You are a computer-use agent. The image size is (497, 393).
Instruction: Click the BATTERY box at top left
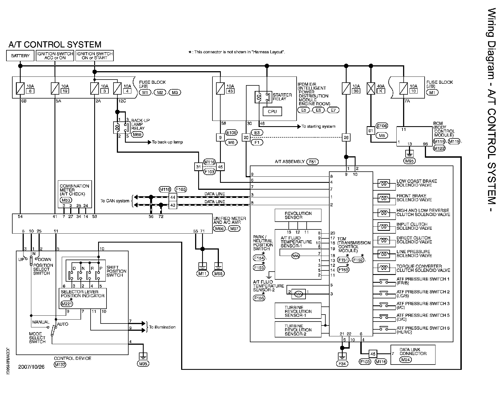click(x=20, y=56)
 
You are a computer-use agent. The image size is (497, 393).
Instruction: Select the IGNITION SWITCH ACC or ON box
click(x=55, y=56)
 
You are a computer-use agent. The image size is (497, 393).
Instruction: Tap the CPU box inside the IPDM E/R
click(x=272, y=111)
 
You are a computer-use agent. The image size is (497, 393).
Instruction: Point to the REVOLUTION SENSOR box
click(x=298, y=215)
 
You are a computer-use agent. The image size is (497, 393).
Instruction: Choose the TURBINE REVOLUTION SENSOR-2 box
click(x=298, y=330)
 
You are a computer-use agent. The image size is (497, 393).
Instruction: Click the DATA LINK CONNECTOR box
click(x=413, y=354)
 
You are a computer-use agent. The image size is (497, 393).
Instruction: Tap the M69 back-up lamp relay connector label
click(x=137, y=135)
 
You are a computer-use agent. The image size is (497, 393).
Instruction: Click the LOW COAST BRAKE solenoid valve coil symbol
click(x=384, y=183)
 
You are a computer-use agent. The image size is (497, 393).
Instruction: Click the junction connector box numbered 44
click(x=173, y=197)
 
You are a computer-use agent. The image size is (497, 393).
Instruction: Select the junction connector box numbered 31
click(x=198, y=167)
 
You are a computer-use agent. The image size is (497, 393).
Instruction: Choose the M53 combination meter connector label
click(x=65, y=200)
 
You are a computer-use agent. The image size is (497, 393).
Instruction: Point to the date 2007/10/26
click(x=31, y=366)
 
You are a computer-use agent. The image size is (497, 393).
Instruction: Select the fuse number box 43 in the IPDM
click(x=230, y=91)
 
